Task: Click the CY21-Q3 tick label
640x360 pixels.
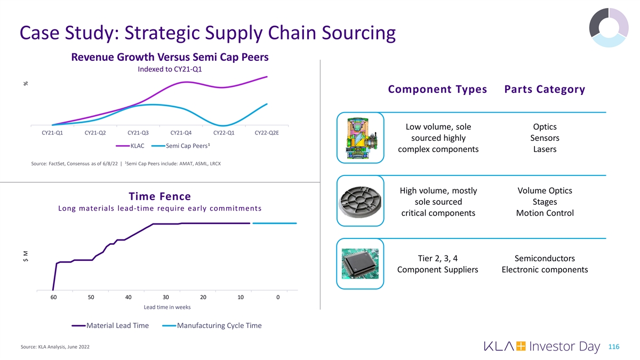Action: pyautogui.click(x=138, y=133)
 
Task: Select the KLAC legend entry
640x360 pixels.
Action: pyautogui.click(x=137, y=146)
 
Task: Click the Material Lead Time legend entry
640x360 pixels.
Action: pyautogui.click(x=117, y=325)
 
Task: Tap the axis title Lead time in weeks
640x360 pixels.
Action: pyautogui.click(x=167, y=307)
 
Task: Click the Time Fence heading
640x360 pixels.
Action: pyautogui.click(x=160, y=196)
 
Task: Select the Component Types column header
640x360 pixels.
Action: pyautogui.click(x=437, y=90)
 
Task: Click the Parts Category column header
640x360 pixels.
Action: pyautogui.click(x=544, y=90)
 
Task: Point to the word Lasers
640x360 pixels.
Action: pyautogui.click(x=545, y=149)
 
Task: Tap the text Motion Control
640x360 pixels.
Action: pyautogui.click(x=545, y=213)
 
